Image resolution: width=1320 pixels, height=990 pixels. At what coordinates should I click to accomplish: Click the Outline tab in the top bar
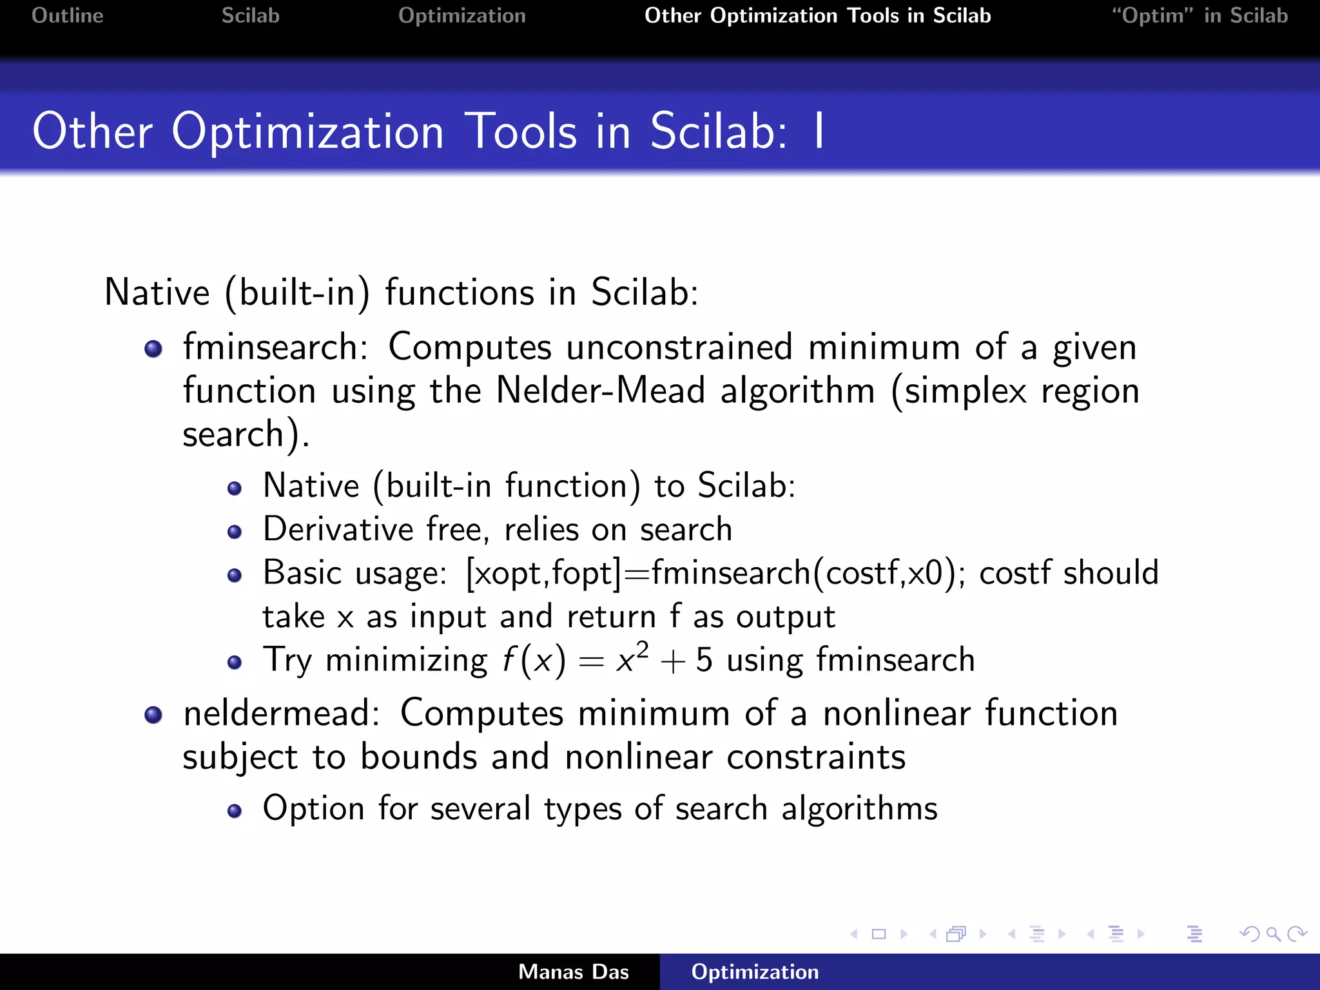tap(67, 15)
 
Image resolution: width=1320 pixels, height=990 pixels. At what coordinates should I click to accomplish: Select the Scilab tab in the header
tap(250, 15)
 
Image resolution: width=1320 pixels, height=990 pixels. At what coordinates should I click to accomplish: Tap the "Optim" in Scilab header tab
tap(1199, 15)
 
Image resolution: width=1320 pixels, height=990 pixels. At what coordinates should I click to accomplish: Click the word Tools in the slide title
tap(520, 131)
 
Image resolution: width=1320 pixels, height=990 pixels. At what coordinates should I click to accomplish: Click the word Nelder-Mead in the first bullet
tap(600, 391)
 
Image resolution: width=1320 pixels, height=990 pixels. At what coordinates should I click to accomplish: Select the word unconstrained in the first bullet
tap(679, 347)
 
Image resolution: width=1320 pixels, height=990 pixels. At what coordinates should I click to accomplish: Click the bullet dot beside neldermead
tap(153, 715)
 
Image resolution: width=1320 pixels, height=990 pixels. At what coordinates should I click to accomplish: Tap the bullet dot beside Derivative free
tap(235, 532)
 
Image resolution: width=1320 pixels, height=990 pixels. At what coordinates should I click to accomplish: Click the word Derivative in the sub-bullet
tap(338, 529)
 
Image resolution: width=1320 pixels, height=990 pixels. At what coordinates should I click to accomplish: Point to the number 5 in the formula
tap(704, 661)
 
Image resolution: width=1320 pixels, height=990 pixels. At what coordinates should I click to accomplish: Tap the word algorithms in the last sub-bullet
tap(859, 808)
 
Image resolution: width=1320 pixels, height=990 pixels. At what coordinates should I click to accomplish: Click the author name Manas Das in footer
tap(573, 972)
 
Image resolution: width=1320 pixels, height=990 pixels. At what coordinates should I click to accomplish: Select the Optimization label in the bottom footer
tap(755, 972)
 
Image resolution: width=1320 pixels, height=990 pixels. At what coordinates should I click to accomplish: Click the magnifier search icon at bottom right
tap(1273, 934)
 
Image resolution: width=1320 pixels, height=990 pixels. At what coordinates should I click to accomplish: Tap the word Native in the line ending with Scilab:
tap(157, 293)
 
